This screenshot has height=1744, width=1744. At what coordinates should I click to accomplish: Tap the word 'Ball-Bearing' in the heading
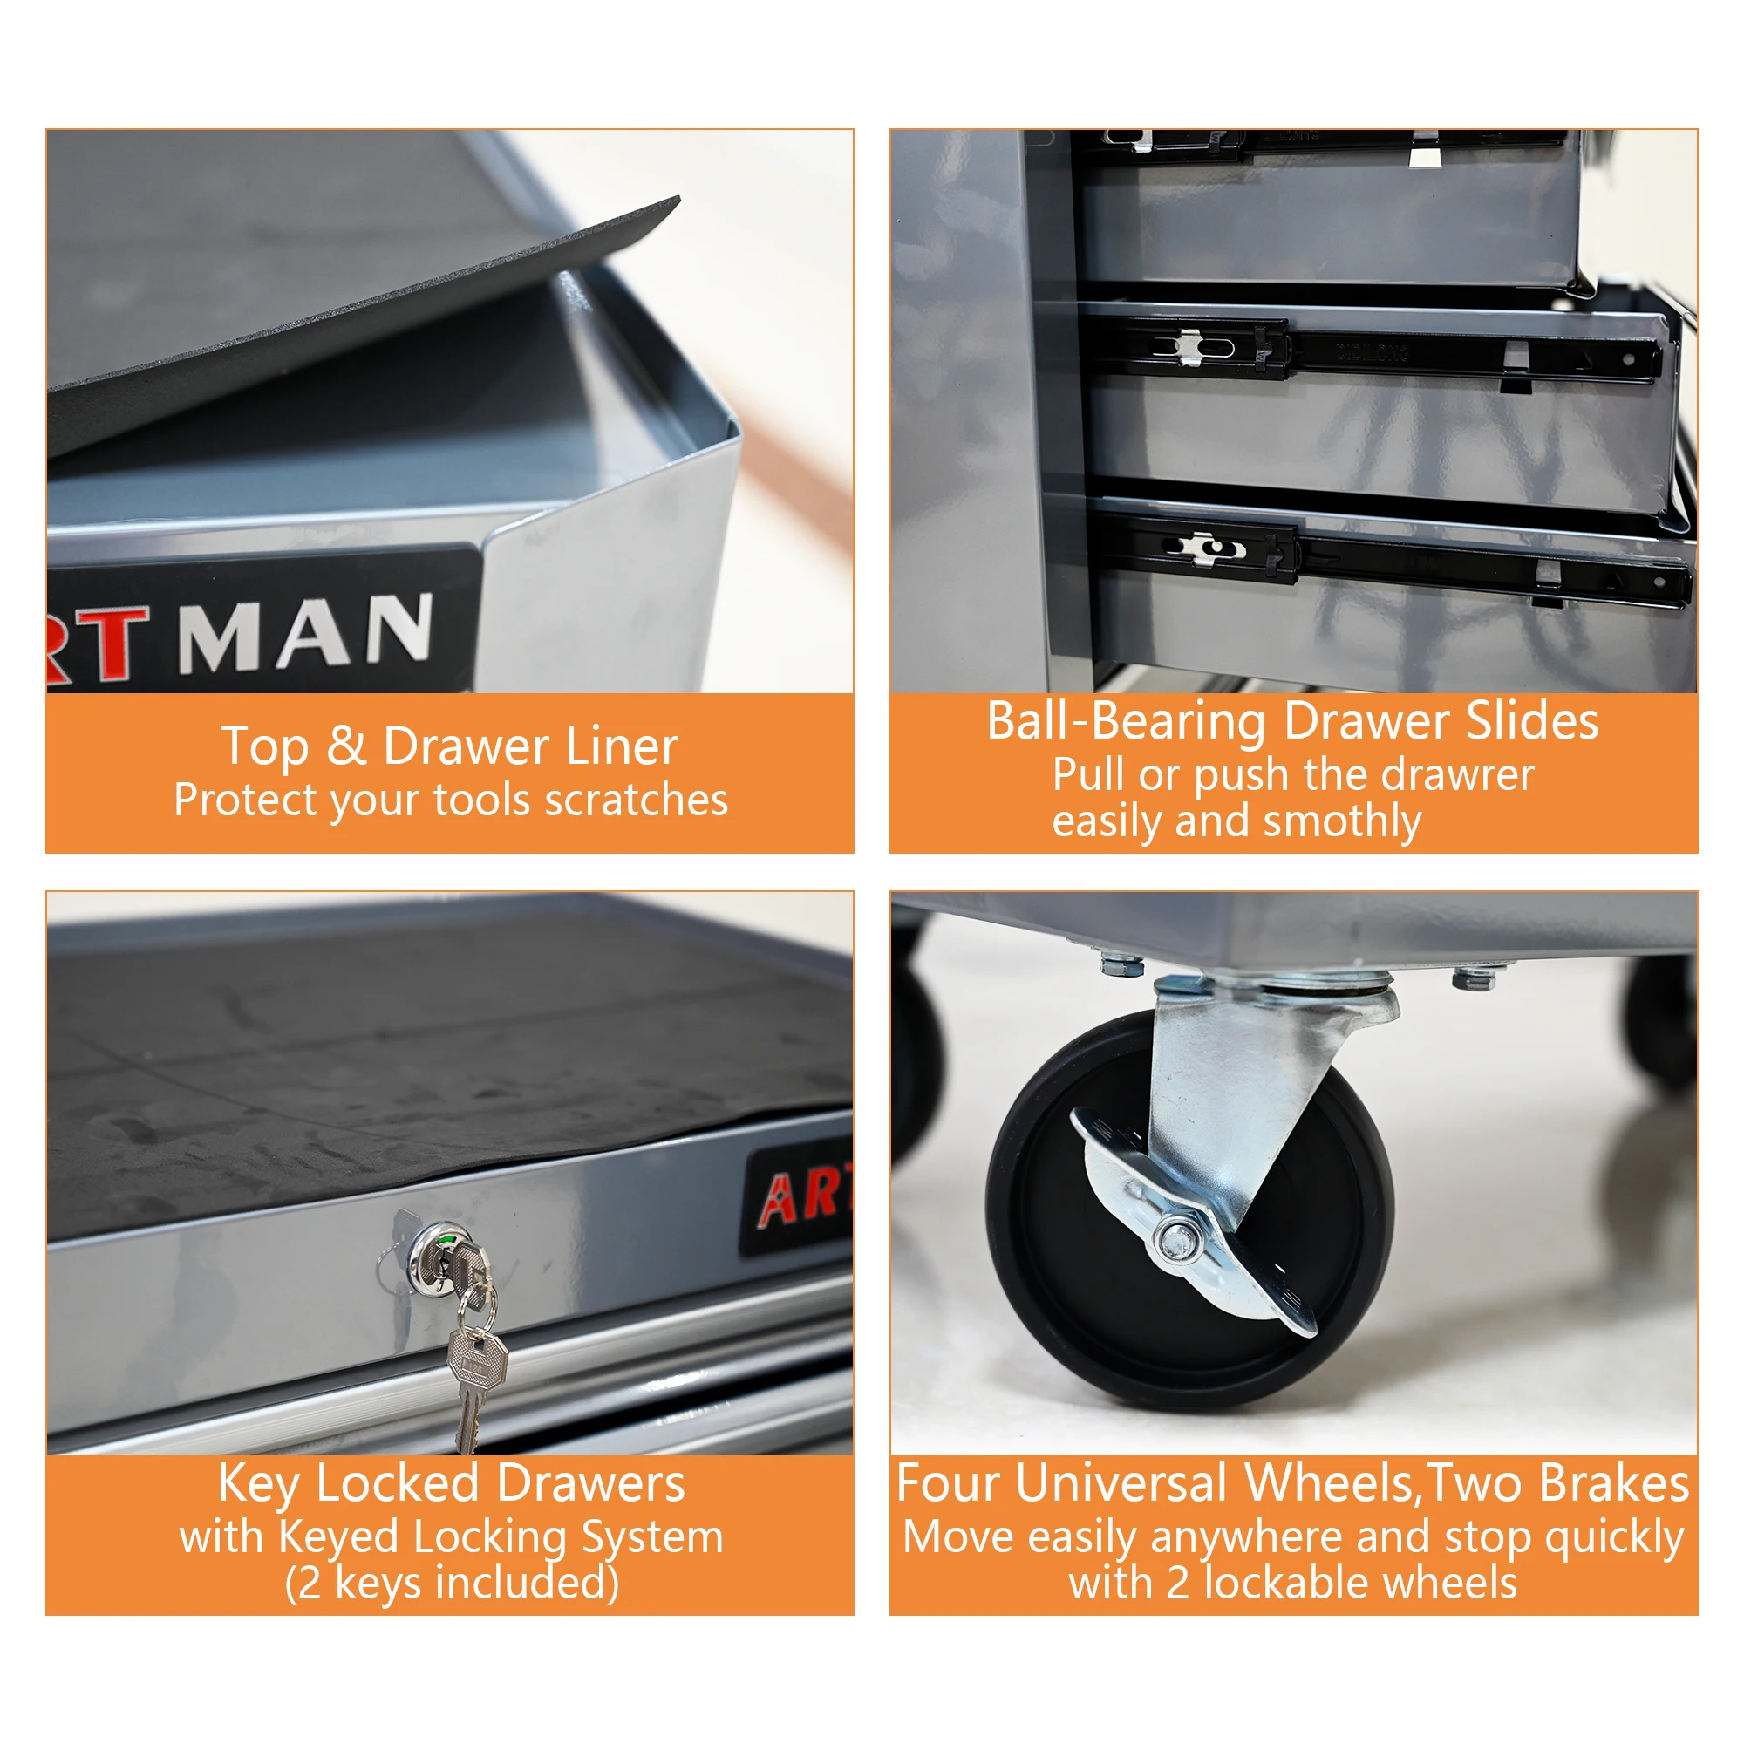coord(1127,721)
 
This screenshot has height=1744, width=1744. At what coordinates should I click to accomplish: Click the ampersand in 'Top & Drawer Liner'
coord(345,746)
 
